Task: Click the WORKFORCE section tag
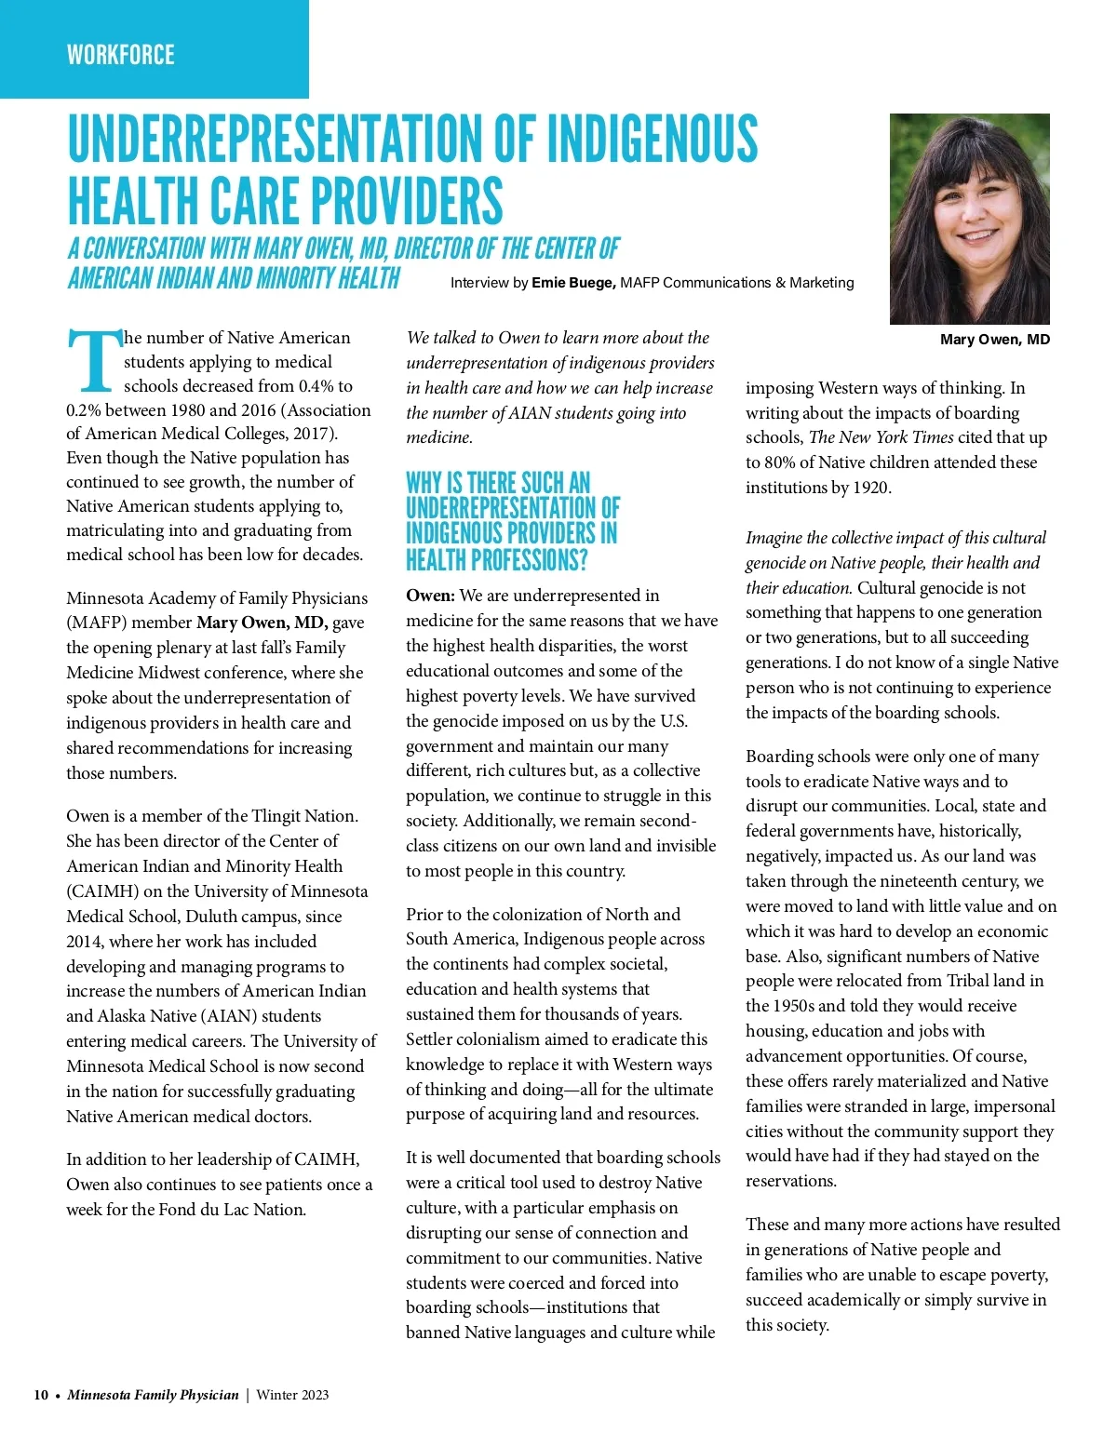click(x=120, y=55)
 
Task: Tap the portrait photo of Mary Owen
click(x=969, y=219)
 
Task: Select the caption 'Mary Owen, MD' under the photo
click(x=994, y=340)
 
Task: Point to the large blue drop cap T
click(x=93, y=361)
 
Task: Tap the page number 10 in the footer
click(x=41, y=1395)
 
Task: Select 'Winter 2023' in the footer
click(x=292, y=1395)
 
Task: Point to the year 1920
click(x=870, y=488)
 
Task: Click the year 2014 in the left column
click(x=85, y=942)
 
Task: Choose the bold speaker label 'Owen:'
click(x=430, y=596)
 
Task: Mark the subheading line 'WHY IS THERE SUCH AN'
click(x=498, y=483)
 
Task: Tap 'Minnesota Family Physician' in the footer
click(x=153, y=1395)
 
